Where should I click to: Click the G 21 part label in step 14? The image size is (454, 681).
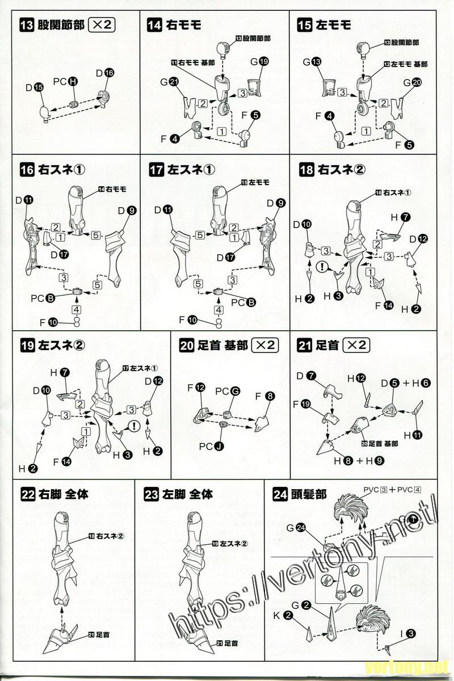[169, 82]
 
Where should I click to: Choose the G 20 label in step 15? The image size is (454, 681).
[412, 82]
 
